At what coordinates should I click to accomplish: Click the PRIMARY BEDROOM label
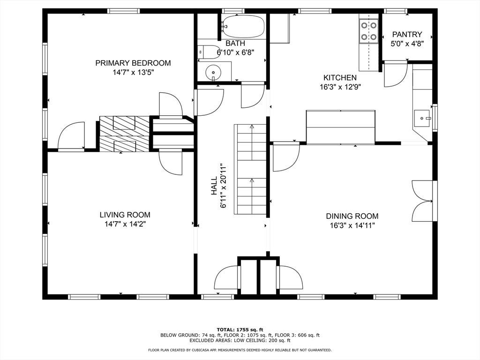133,63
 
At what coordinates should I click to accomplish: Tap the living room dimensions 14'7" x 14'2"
125,224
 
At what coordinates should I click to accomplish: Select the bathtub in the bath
243,26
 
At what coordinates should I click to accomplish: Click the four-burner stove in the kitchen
368,30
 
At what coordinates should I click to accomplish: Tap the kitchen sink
422,118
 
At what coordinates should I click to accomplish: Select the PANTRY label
407,34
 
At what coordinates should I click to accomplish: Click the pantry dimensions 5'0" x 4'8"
407,44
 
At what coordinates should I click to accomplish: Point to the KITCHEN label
340,78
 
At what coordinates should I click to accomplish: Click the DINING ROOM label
352,216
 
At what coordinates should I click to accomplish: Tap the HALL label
214,186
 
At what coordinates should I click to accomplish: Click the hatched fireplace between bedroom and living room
124,134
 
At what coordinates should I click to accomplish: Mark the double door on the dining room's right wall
423,201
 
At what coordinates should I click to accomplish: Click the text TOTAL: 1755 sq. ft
240,330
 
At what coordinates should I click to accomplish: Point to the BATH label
235,43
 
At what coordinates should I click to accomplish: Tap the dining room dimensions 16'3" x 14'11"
352,226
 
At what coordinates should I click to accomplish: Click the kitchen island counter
341,127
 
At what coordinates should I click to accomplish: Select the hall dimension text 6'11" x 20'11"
224,186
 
